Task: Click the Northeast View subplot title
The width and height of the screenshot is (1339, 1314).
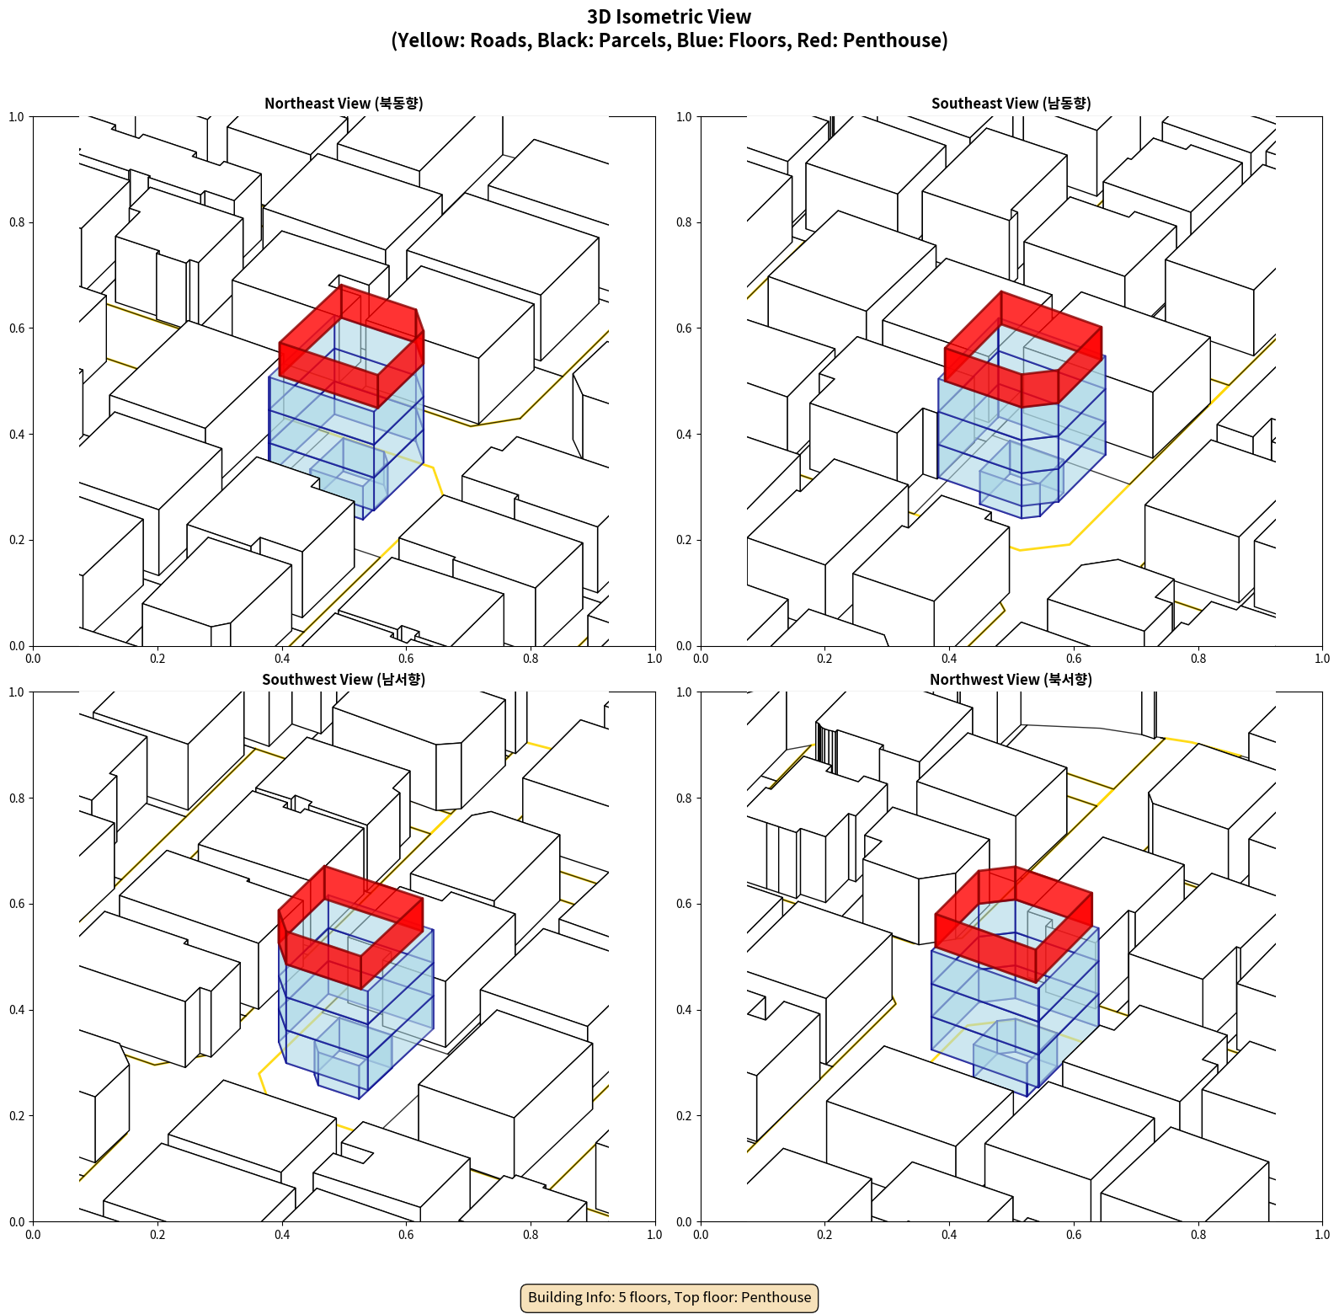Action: [x=344, y=104]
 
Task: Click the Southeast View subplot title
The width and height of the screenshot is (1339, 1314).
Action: [x=1011, y=104]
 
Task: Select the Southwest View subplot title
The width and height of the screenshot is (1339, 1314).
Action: [x=344, y=680]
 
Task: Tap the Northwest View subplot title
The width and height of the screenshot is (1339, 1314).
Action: [x=1011, y=680]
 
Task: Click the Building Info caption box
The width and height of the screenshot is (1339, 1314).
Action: [x=669, y=1297]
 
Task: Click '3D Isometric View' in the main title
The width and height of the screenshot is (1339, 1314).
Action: [x=669, y=17]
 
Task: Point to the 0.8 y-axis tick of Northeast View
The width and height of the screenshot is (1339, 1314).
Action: [x=17, y=222]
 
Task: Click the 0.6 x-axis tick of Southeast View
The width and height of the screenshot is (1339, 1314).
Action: [x=1074, y=659]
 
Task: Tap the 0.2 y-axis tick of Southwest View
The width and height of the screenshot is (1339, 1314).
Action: [x=17, y=1116]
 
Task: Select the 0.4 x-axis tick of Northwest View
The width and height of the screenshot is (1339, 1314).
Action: [x=949, y=1235]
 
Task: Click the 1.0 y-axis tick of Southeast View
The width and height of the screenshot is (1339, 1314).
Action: [x=684, y=117]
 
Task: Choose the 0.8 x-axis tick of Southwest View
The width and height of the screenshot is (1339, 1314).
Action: [x=531, y=1235]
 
